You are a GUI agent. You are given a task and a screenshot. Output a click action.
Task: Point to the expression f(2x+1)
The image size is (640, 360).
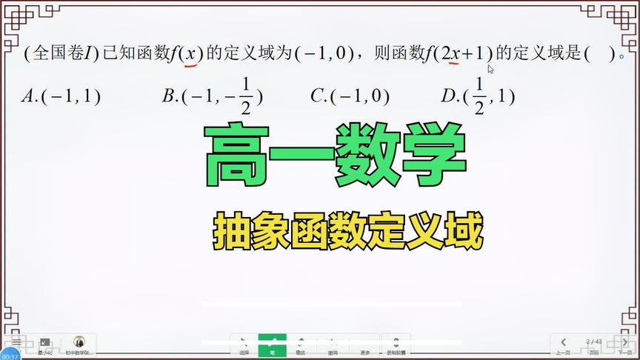pyautogui.click(x=459, y=53)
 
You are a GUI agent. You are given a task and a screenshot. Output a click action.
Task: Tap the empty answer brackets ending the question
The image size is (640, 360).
pyautogui.click(x=601, y=53)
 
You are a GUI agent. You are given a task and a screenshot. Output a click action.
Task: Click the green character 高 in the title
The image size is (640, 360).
pyautogui.click(x=235, y=156)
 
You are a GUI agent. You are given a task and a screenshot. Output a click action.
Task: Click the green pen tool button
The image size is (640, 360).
pyautogui.click(x=272, y=346)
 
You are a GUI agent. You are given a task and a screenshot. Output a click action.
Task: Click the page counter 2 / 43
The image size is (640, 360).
pyautogui.click(x=593, y=341)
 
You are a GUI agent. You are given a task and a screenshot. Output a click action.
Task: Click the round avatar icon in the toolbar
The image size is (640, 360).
pyautogui.click(x=79, y=342)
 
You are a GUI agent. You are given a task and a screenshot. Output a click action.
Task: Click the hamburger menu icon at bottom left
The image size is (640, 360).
pyautogui.click(x=16, y=341)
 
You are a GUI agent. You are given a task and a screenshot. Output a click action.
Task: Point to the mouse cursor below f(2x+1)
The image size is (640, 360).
pyautogui.click(x=490, y=70)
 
